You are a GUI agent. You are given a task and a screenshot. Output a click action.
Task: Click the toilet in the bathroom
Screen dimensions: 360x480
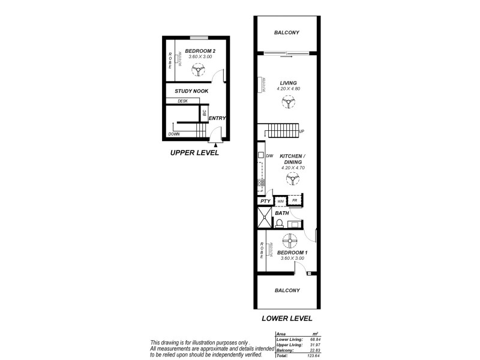tap(278, 224)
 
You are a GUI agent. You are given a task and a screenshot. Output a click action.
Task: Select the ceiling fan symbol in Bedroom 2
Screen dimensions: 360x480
tap(197, 71)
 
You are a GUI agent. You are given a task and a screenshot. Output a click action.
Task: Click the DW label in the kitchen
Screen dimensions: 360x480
tap(269, 157)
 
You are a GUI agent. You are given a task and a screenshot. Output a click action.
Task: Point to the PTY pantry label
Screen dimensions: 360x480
tap(265, 202)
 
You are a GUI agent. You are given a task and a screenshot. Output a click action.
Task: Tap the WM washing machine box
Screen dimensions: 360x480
tap(280, 201)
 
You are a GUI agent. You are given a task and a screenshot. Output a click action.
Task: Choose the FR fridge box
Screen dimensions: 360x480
tap(295, 201)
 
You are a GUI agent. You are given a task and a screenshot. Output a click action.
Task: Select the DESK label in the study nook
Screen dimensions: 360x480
tap(182, 101)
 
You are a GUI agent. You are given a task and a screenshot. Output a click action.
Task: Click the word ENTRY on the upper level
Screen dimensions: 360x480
tap(217, 118)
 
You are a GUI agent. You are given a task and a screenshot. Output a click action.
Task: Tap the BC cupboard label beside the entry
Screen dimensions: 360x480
tap(204, 112)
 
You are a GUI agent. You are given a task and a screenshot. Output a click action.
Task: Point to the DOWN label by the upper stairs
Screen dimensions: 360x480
tap(174, 134)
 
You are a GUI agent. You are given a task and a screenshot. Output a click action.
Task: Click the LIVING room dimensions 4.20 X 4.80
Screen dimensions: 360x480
tap(288, 89)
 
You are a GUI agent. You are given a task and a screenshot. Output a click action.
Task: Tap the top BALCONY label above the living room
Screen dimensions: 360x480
tap(286, 32)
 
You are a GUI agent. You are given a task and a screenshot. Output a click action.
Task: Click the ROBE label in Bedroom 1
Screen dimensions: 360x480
tap(262, 248)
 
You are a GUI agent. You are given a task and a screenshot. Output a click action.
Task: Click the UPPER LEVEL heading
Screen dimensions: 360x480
tap(194, 153)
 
